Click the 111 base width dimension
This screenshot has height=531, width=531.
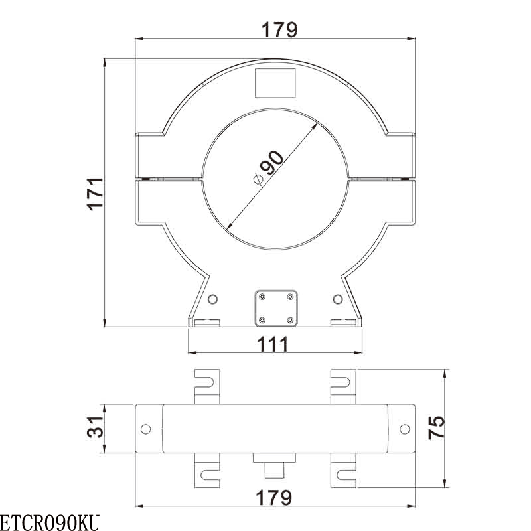(x=273, y=344)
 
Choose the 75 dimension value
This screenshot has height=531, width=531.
(x=436, y=428)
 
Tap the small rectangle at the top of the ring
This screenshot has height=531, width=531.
(x=275, y=83)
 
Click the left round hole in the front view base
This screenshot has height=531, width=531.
(x=212, y=299)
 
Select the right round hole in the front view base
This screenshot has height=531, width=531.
(x=339, y=299)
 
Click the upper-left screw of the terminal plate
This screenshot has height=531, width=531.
(x=263, y=296)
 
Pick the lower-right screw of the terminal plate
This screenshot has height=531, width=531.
(x=290, y=321)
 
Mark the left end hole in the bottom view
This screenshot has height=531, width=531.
(x=146, y=428)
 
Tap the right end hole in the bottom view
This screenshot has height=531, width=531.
(x=404, y=428)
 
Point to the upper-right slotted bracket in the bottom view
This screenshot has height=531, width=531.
(x=344, y=385)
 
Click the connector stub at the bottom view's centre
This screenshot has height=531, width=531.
(x=275, y=465)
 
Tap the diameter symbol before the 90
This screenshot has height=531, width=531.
(x=256, y=177)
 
